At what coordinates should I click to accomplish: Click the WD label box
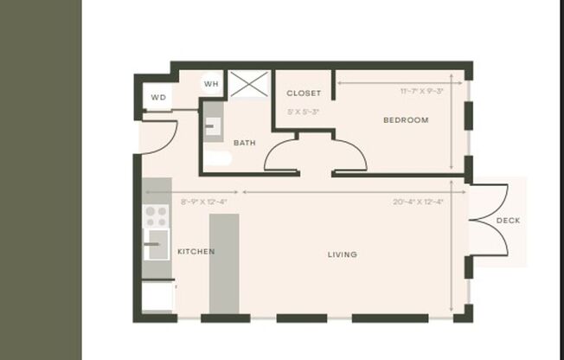158,97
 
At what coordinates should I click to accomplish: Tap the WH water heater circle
211,84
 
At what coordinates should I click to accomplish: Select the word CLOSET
304,93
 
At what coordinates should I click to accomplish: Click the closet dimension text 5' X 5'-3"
304,112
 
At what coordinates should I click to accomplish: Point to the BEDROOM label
406,120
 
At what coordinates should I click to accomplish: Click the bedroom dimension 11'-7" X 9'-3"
421,91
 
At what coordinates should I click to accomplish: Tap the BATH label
244,143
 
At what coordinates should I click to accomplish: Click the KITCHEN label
195,252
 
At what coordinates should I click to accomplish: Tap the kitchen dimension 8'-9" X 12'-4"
203,202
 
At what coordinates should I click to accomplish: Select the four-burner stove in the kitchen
157,215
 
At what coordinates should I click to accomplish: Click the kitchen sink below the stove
157,245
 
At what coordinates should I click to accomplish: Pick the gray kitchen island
224,263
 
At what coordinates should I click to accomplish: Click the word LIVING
342,254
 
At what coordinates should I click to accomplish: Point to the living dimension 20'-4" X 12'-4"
418,202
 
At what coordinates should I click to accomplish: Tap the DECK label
508,221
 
